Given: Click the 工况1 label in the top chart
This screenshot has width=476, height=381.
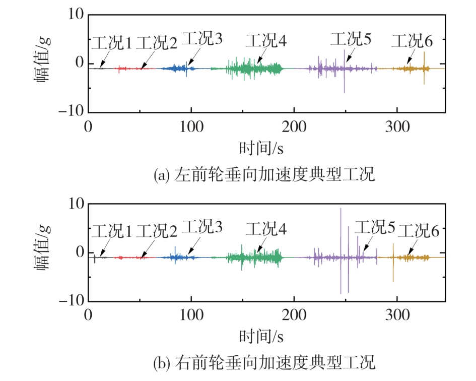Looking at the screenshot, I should point(111,44).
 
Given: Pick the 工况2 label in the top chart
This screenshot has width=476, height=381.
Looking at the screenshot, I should point(157,44).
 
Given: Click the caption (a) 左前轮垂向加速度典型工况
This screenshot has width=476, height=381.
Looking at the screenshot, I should point(264,175).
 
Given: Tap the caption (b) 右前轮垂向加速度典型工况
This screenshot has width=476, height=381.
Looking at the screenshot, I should point(264,362).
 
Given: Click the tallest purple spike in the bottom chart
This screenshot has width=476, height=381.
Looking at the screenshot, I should point(341,227).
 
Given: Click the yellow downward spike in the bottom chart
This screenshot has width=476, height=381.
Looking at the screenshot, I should point(393,272).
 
